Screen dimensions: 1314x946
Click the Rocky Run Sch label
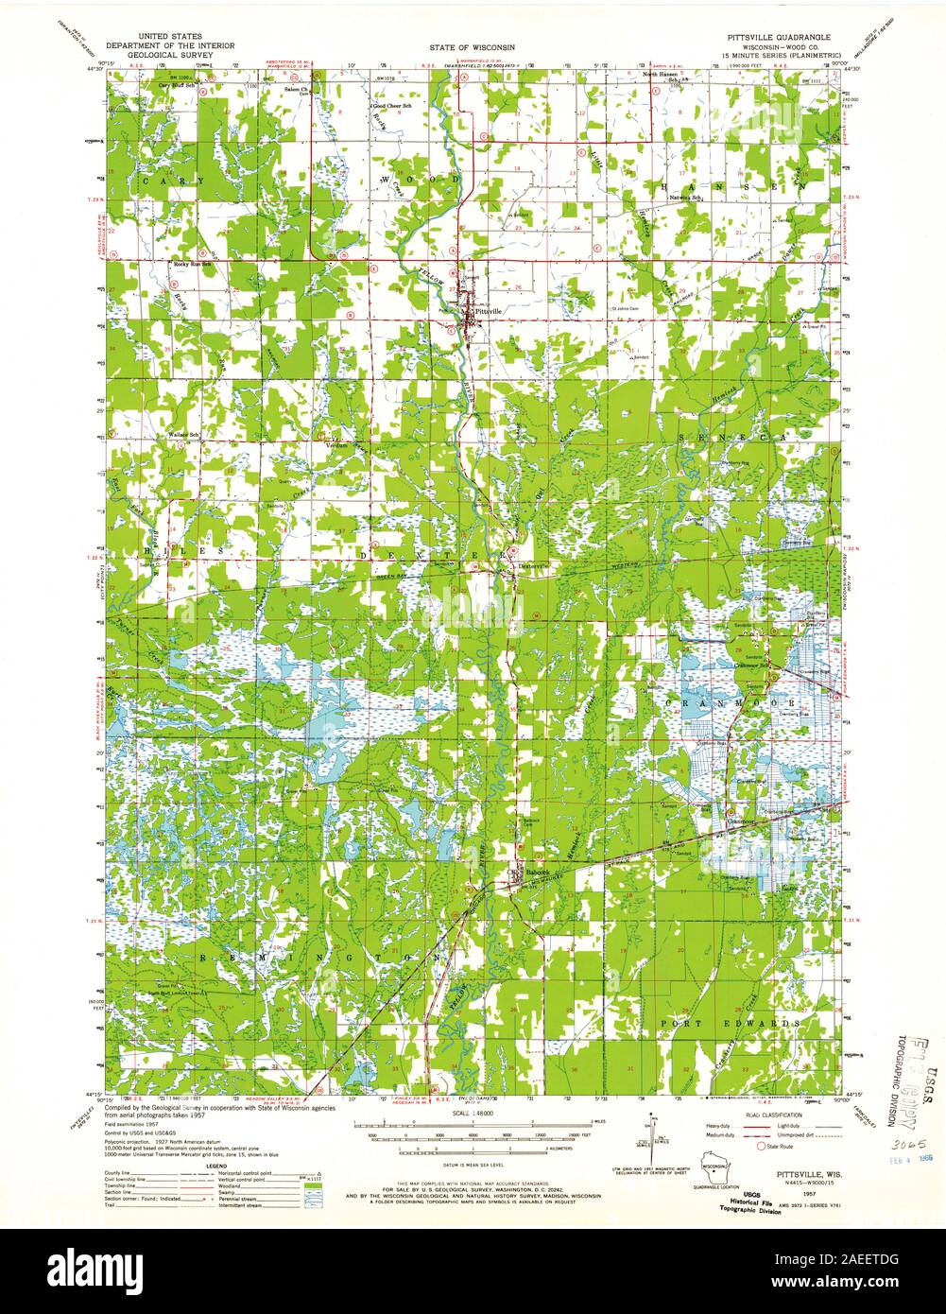click(193, 265)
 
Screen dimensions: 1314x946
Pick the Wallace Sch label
click(181, 434)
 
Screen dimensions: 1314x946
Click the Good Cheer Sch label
click(393, 107)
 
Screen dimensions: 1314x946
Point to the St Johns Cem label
click(626, 307)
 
